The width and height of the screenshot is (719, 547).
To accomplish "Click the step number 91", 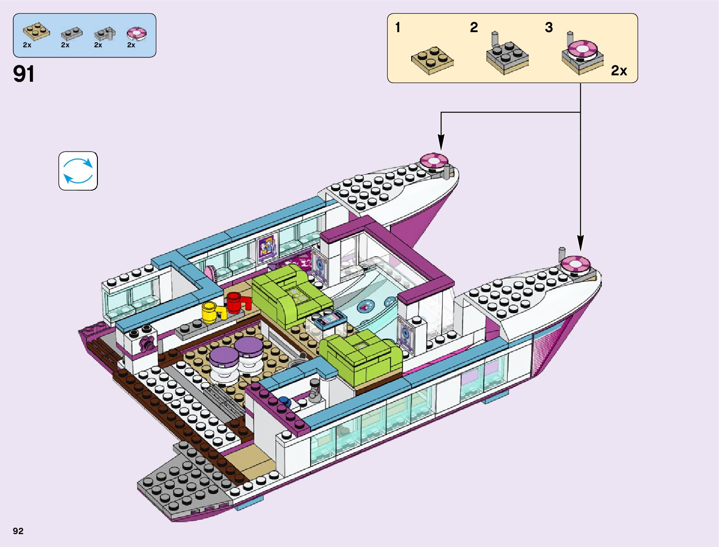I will [x=24, y=73].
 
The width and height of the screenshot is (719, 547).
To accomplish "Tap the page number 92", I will [x=18, y=531].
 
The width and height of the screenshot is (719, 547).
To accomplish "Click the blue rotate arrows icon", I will [x=78, y=171].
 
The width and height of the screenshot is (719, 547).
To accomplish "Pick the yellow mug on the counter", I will [x=210, y=312].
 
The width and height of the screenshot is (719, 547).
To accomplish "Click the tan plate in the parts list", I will [x=36, y=31].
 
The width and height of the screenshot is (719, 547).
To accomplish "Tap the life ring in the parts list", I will [x=136, y=34].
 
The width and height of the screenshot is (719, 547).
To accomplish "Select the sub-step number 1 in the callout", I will [x=398, y=28].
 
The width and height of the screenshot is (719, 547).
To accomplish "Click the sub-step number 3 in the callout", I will [x=549, y=28].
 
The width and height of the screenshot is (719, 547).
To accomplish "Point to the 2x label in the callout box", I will [x=619, y=70].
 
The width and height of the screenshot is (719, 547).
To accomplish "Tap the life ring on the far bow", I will [x=433, y=160].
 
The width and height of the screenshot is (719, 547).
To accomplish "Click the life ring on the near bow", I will [x=575, y=264].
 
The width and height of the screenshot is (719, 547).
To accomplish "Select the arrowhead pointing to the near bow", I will [x=580, y=243].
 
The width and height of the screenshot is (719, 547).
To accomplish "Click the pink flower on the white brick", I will [x=147, y=343].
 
